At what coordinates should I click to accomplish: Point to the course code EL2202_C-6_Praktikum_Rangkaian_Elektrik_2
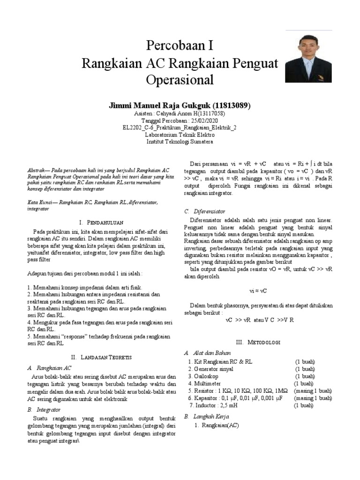[180, 127]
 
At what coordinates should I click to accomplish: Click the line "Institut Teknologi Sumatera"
[180, 141]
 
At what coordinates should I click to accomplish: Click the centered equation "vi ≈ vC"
[258, 291]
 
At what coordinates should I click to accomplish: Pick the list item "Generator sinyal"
[213, 369]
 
